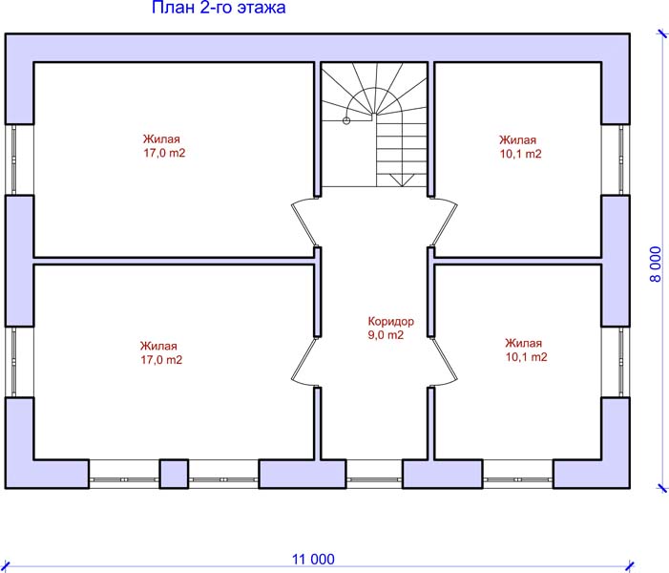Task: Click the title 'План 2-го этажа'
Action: click(x=219, y=8)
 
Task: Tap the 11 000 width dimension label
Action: click(x=313, y=559)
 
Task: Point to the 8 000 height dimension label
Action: click(x=656, y=265)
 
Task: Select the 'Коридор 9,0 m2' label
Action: click(x=391, y=328)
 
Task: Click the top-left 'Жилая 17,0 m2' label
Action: click(x=164, y=146)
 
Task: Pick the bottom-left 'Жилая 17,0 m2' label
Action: click(x=161, y=352)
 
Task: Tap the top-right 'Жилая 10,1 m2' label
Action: click(x=520, y=147)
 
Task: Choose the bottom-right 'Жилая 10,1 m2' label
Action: click(x=526, y=350)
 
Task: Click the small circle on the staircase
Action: click(x=346, y=121)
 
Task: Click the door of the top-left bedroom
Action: click(x=304, y=222)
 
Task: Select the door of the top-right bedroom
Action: click(x=444, y=222)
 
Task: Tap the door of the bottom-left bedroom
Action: click(x=304, y=362)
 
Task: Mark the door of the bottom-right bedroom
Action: click(x=444, y=362)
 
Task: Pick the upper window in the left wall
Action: click(x=13, y=160)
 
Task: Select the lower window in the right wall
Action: click(x=621, y=362)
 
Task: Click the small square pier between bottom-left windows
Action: click(x=174, y=474)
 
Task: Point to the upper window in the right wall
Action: click(x=621, y=160)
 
